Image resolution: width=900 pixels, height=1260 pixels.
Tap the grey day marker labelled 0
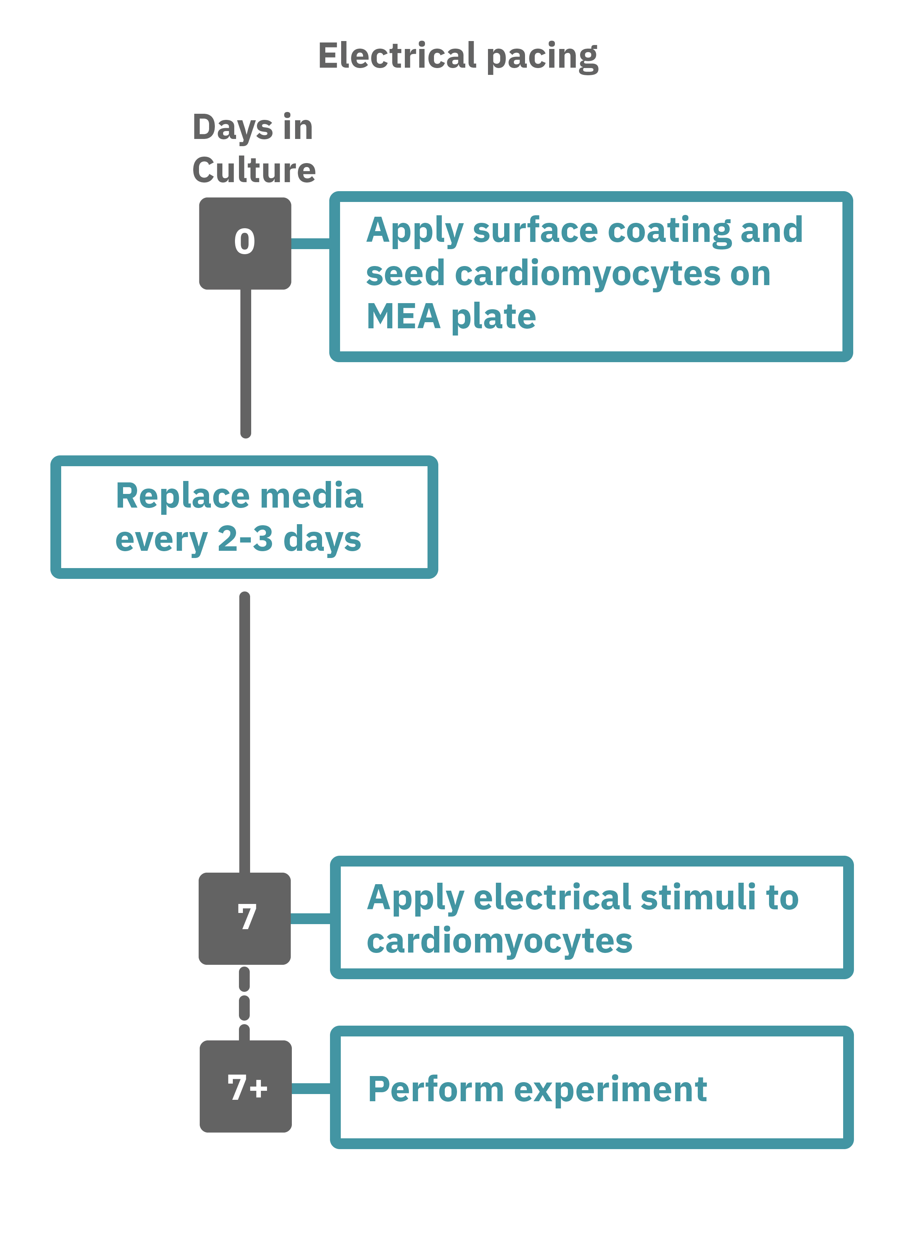point(245,243)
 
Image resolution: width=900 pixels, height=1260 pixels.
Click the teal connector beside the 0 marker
point(310,243)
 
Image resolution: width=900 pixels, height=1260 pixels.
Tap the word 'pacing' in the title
point(543,57)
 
